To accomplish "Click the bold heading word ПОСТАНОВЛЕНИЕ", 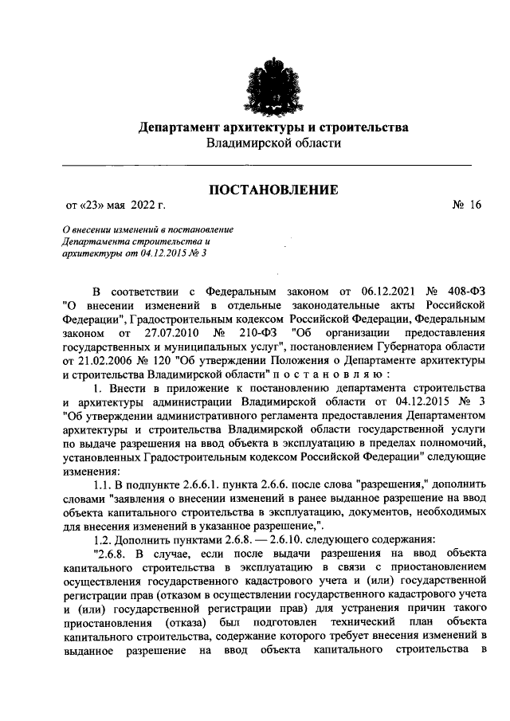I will click(273, 189).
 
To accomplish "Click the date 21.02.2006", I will click(88, 361).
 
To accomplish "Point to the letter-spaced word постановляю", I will click(332, 375).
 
